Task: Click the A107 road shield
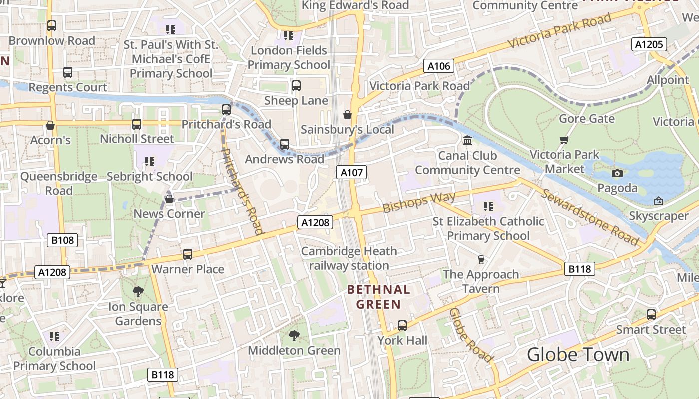point(351,173)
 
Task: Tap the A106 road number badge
point(439,66)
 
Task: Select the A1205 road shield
point(649,44)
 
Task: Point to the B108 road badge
point(63,240)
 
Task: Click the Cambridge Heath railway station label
point(349,258)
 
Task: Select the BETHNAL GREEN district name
point(378,297)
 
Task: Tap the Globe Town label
point(578,355)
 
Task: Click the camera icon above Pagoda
point(617,173)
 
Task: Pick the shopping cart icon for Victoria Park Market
point(564,140)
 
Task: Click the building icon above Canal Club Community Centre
point(467,141)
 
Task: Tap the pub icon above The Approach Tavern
point(481,260)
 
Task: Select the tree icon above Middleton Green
point(294,336)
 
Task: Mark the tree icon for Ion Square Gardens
point(138,292)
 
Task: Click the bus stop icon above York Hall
point(402,326)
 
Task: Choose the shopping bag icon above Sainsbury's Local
point(348,115)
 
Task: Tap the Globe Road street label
point(471,335)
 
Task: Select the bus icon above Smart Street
point(651,315)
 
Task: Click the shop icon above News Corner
point(169,199)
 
